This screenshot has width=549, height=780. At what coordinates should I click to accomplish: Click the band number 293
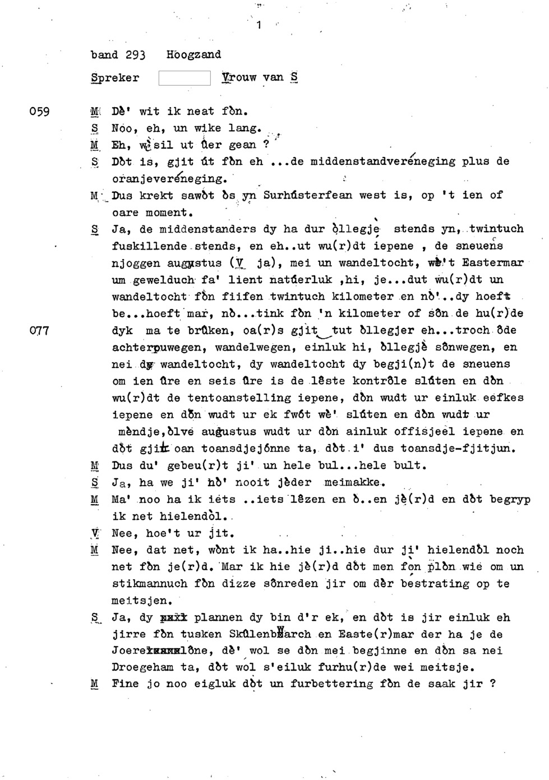pos(135,55)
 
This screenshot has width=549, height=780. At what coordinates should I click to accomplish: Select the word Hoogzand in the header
pos(193,55)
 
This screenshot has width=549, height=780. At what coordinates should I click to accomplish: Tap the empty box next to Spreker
pos(184,78)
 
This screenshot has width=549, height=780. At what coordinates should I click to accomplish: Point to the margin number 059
pos(40,112)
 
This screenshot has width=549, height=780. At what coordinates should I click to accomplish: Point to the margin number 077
pos(40,331)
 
